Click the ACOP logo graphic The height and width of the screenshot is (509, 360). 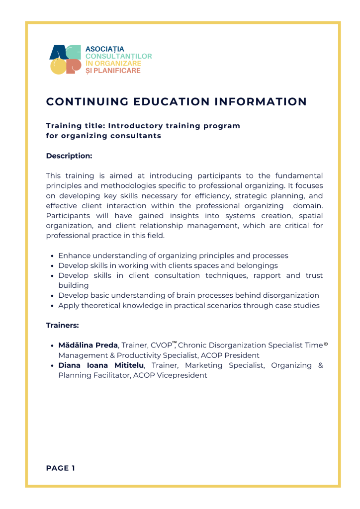(65, 60)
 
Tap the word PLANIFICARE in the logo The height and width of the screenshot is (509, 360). (117, 71)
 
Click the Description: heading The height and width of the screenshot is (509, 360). (69, 156)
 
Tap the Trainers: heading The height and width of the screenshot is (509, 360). (63, 326)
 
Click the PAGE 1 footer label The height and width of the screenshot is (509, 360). (61, 468)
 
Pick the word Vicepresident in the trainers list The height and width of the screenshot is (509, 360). (183, 376)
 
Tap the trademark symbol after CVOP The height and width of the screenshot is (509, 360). (175, 343)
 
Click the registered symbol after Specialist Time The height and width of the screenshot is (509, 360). (326, 344)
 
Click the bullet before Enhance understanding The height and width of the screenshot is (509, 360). (53, 256)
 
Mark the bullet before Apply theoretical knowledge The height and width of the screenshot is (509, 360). (53, 306)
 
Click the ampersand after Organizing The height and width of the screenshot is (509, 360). (320, 366)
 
